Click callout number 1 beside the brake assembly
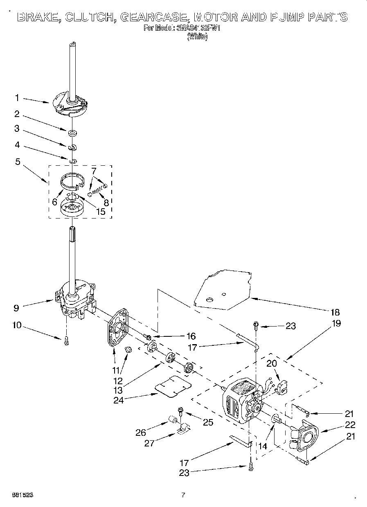point(17,98)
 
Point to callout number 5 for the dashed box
point(17,162)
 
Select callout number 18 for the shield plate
point(335,312)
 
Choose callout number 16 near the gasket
point(191,336)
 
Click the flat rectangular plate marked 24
point(174,385)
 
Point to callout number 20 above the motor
point(272,363)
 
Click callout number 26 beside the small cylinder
point(141,432)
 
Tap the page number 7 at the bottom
point(183,495)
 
